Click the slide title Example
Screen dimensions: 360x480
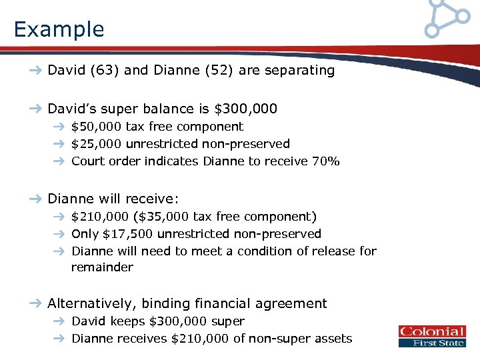point(59,29)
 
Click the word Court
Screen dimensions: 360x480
point(87,161)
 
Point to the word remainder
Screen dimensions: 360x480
point(102,267)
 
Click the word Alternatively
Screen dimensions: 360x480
point(90,303)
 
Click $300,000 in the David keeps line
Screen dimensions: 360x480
point(177,321)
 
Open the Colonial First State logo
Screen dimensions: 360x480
point(431,337)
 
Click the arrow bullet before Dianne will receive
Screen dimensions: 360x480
point(35,199)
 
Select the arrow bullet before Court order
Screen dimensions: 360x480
point(59,161)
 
